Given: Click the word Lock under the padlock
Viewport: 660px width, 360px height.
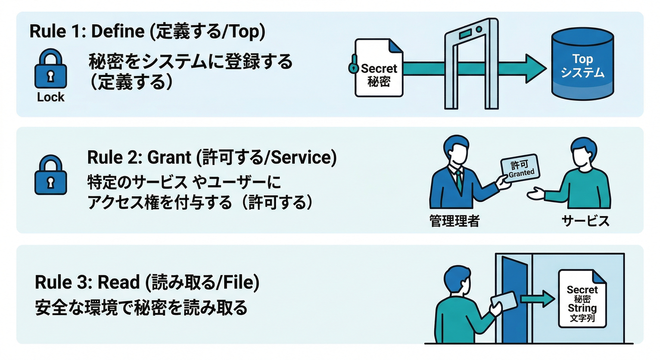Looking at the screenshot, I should pos(51,97).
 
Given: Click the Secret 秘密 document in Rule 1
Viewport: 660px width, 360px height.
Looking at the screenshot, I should pos(379,68).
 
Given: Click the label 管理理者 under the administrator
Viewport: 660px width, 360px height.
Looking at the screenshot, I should pos(454,221).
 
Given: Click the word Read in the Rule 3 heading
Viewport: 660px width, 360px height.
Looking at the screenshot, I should pos(118,282).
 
